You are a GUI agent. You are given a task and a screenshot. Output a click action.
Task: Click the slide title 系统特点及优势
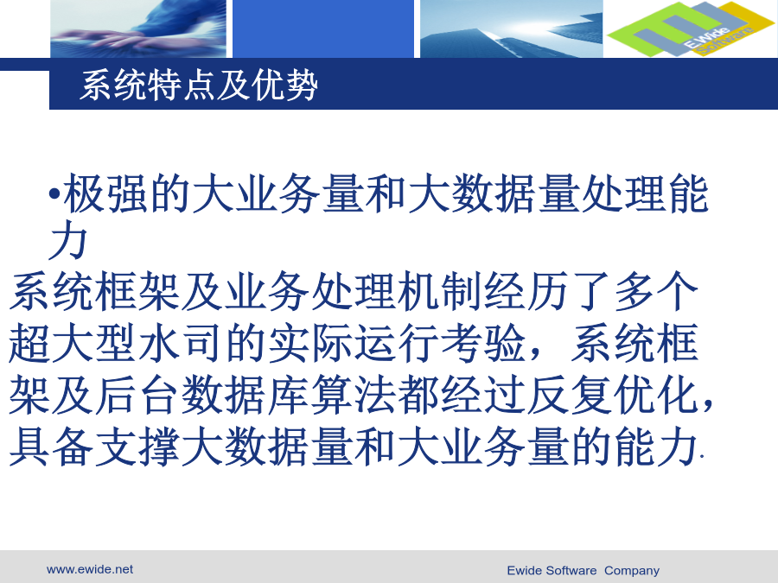(x=199, y=86)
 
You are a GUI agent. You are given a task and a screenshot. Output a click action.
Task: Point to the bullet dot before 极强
(x=54, y=193)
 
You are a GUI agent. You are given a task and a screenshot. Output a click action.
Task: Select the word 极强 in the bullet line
(x=105, y=193)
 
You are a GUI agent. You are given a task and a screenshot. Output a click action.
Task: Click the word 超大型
(x=73, y=343)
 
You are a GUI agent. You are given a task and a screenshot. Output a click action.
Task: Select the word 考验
(x=482, y=343)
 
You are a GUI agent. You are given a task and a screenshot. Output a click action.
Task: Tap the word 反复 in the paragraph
(x=569, y=395)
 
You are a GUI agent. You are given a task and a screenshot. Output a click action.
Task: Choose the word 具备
(x=51, y=447)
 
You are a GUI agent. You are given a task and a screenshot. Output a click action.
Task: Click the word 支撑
(x=137, y=447)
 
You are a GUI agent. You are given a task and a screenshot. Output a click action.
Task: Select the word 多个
(x=656, y=291)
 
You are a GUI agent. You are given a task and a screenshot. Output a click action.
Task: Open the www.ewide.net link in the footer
(x=90, y=570)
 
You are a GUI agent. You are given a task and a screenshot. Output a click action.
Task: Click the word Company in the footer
(x=632, y=571)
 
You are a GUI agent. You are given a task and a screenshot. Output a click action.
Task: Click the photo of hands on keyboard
(x=138, y=29)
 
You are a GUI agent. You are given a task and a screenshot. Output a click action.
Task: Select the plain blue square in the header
(x=323, y=29)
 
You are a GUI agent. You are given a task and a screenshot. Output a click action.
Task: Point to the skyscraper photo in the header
(x=512, y=29)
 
